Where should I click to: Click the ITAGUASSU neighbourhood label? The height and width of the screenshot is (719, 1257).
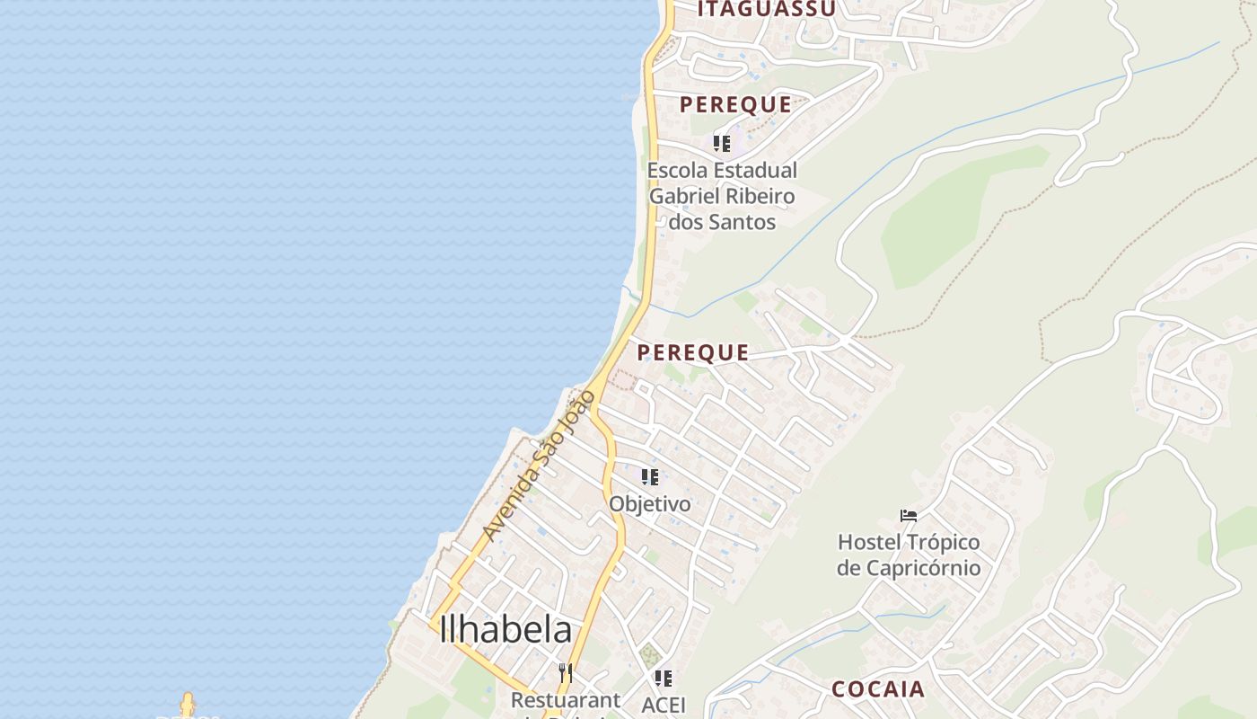[x=767, y=9]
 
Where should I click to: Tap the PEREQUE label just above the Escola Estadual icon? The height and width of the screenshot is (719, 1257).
[x=735, y=104]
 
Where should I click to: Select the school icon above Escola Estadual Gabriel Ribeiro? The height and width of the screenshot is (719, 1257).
[x=722, y=143]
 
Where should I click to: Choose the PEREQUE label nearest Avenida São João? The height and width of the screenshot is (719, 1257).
[x=693, y=352]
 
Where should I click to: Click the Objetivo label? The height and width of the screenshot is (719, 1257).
[x=650, y=503]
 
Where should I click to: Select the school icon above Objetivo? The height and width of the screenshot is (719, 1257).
[x=650, y=477]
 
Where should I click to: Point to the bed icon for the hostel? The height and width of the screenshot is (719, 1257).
[x=909, y=516]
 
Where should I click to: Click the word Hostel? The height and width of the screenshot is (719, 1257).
[x=869, y=543]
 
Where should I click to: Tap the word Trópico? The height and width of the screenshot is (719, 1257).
[x=943, y=543]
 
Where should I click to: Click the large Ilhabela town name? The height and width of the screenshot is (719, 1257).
[x=505, y=630]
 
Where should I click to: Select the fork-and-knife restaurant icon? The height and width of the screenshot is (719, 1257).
[x=566, y=672]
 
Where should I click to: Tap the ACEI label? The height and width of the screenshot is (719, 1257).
[x=664, y=705]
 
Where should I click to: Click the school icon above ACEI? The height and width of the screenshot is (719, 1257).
[x=664, y=678]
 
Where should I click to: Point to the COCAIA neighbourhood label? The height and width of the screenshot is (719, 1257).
[x=877, y=689]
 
